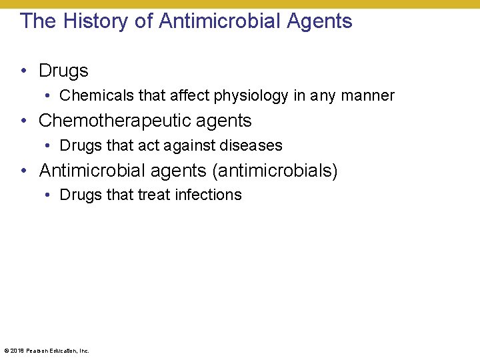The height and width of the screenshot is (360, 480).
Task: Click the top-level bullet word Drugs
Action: coord(63,71)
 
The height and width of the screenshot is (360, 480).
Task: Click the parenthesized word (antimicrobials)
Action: coord(275,171)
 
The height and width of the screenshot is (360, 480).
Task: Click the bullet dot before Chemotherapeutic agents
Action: coord(24,121)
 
